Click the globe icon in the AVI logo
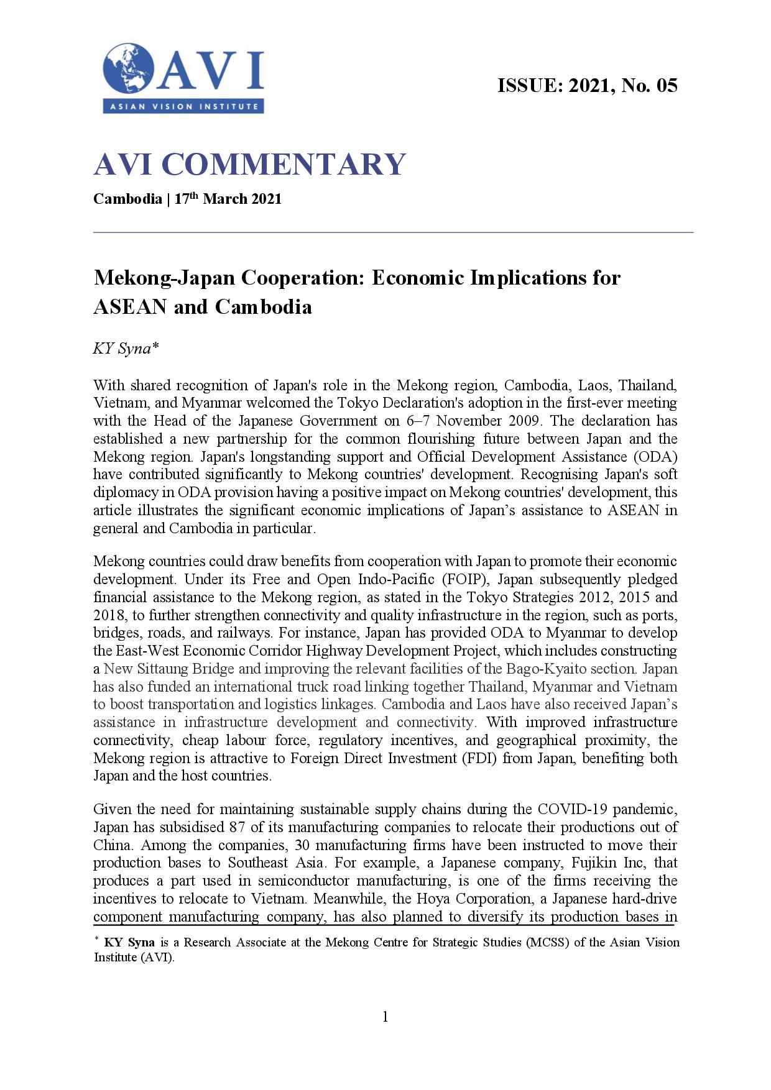[x=128, y=69]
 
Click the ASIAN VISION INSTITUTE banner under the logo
[x=183, y=106]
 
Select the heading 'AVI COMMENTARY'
[x=249, y=164]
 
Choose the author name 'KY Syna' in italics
[x=122, y=349]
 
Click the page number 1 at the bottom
[x=385, y=1017]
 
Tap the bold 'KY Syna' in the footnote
[x=129, y=942]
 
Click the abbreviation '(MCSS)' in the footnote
[x=547, y=942]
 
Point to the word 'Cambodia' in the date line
[x=127, y=199]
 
